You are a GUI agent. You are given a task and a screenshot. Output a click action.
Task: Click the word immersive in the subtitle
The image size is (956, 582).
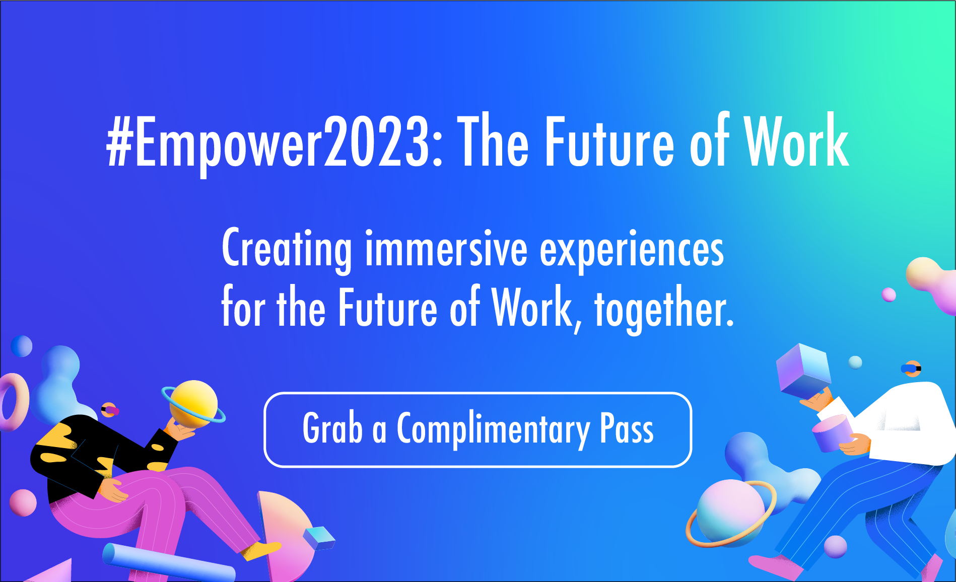(x=446, y=249)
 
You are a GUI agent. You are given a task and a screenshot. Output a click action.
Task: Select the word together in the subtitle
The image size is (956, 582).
(x=664, y=308)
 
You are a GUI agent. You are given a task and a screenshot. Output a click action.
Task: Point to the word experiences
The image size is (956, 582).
(x=632, y=250)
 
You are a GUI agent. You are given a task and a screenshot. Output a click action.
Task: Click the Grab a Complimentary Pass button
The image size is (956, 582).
(x=477, y=429)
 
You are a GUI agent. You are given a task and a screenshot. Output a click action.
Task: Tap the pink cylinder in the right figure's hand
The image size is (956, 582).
(x=832, y=433)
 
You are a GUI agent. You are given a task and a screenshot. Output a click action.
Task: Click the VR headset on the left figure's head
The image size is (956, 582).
(x=109, y=410)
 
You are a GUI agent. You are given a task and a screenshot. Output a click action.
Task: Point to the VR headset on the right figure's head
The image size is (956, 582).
(x=911, y=369)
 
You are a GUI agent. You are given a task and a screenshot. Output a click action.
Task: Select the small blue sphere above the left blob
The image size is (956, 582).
(x=22, y=346)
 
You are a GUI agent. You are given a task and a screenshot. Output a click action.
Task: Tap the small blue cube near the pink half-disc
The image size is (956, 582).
(x=319, y=538)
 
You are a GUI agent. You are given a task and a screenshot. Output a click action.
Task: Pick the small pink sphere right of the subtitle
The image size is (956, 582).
(x=889, y=295)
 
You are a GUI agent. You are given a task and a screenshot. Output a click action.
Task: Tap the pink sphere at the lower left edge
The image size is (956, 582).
(x=23, y=502)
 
